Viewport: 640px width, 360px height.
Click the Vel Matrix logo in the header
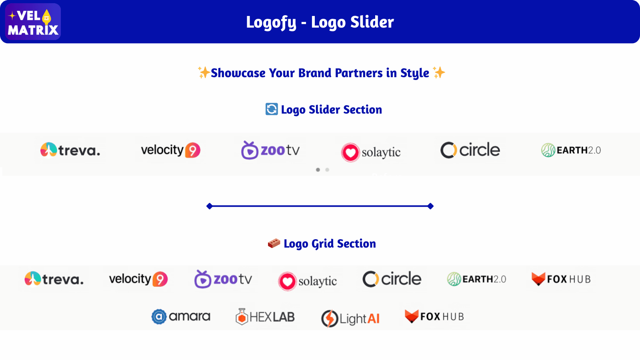(x=33, y=22)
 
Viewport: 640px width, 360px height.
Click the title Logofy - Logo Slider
(x=320, y=22)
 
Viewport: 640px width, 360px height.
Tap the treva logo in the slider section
(x=70, y=150)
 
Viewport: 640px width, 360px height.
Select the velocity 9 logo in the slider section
(x=170, y=150)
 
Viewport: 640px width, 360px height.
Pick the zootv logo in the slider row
(x=270, y=150)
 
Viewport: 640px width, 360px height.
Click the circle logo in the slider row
(x=470, y=150)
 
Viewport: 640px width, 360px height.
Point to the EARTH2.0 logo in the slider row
(x=571, y=150)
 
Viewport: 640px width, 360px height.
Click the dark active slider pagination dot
(x=318, y=170)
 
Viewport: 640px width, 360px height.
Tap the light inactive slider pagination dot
(x=327, y=170)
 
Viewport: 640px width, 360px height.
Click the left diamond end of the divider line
(x=209, y=206)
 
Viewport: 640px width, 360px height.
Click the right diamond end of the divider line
(x=430, y=206)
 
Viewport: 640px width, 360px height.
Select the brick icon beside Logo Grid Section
(x=274, y=243)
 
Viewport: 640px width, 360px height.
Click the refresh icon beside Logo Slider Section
(x=272, y=109)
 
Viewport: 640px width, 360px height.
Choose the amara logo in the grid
(x=181, y=317)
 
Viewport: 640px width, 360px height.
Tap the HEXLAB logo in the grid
(x=265, y=317)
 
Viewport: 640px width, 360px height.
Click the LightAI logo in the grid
(x=350, y=318)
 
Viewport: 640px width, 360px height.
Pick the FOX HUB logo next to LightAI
(x=434, y=316)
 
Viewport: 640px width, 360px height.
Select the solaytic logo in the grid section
(x=308, y=281)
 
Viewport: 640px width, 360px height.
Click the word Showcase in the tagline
(x=238, y=73)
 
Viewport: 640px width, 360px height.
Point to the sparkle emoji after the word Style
(x=439, y=72)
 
